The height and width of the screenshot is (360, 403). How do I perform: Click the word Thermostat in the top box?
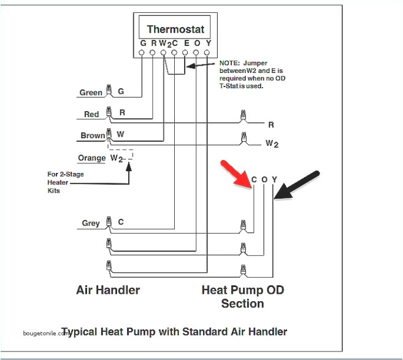175,29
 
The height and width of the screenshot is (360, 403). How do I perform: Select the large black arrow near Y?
297,184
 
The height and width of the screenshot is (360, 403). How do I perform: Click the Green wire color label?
91,93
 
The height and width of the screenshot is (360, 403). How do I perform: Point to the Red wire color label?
91,114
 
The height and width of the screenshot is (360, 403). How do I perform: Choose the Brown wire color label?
93,136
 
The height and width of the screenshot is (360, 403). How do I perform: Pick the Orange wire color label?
92,158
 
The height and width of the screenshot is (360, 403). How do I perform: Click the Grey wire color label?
91,223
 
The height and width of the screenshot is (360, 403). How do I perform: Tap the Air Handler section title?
108,289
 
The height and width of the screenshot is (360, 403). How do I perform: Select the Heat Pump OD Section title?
242,296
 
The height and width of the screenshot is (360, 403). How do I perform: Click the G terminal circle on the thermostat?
142,53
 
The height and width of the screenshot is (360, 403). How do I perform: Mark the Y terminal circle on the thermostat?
207,53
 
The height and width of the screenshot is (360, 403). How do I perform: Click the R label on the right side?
271,124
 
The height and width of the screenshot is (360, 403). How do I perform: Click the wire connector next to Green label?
109,91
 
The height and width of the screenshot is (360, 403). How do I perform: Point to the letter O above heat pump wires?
264,179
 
